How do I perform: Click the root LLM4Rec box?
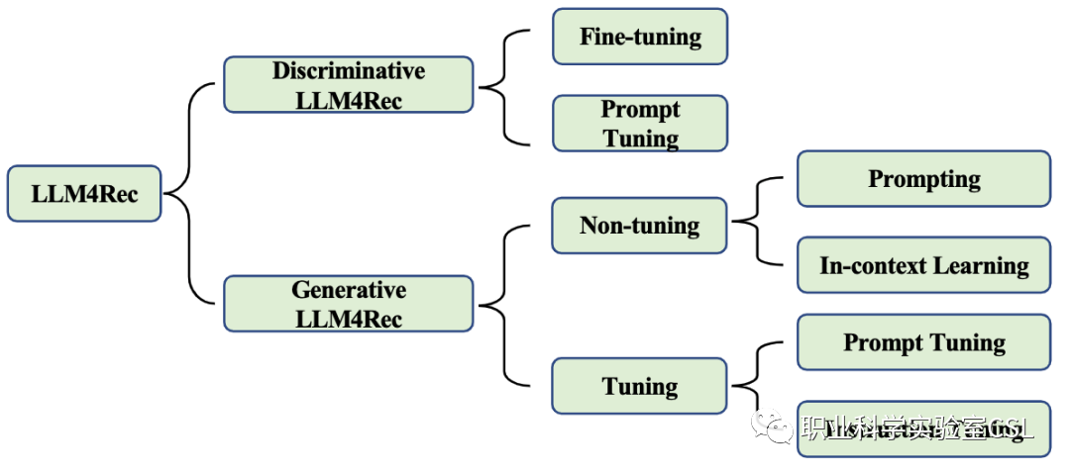click(84, 193)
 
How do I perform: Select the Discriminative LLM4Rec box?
click(349, 85)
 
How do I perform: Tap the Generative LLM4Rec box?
click(349, 304)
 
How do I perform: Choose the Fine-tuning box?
click(640, 38)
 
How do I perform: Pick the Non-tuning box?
click(640, 226)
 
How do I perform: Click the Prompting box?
click(923, 179)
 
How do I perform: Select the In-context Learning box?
click(923, 265)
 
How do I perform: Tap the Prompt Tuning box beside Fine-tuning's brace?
click(640, 124)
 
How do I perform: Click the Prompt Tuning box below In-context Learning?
click(923, 342)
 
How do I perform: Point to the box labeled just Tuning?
click(640, 386)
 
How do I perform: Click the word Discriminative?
click(349, 71)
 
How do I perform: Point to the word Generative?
click(349, 290)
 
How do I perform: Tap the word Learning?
click(980, 265)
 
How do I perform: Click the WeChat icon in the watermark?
click(772, 427)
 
